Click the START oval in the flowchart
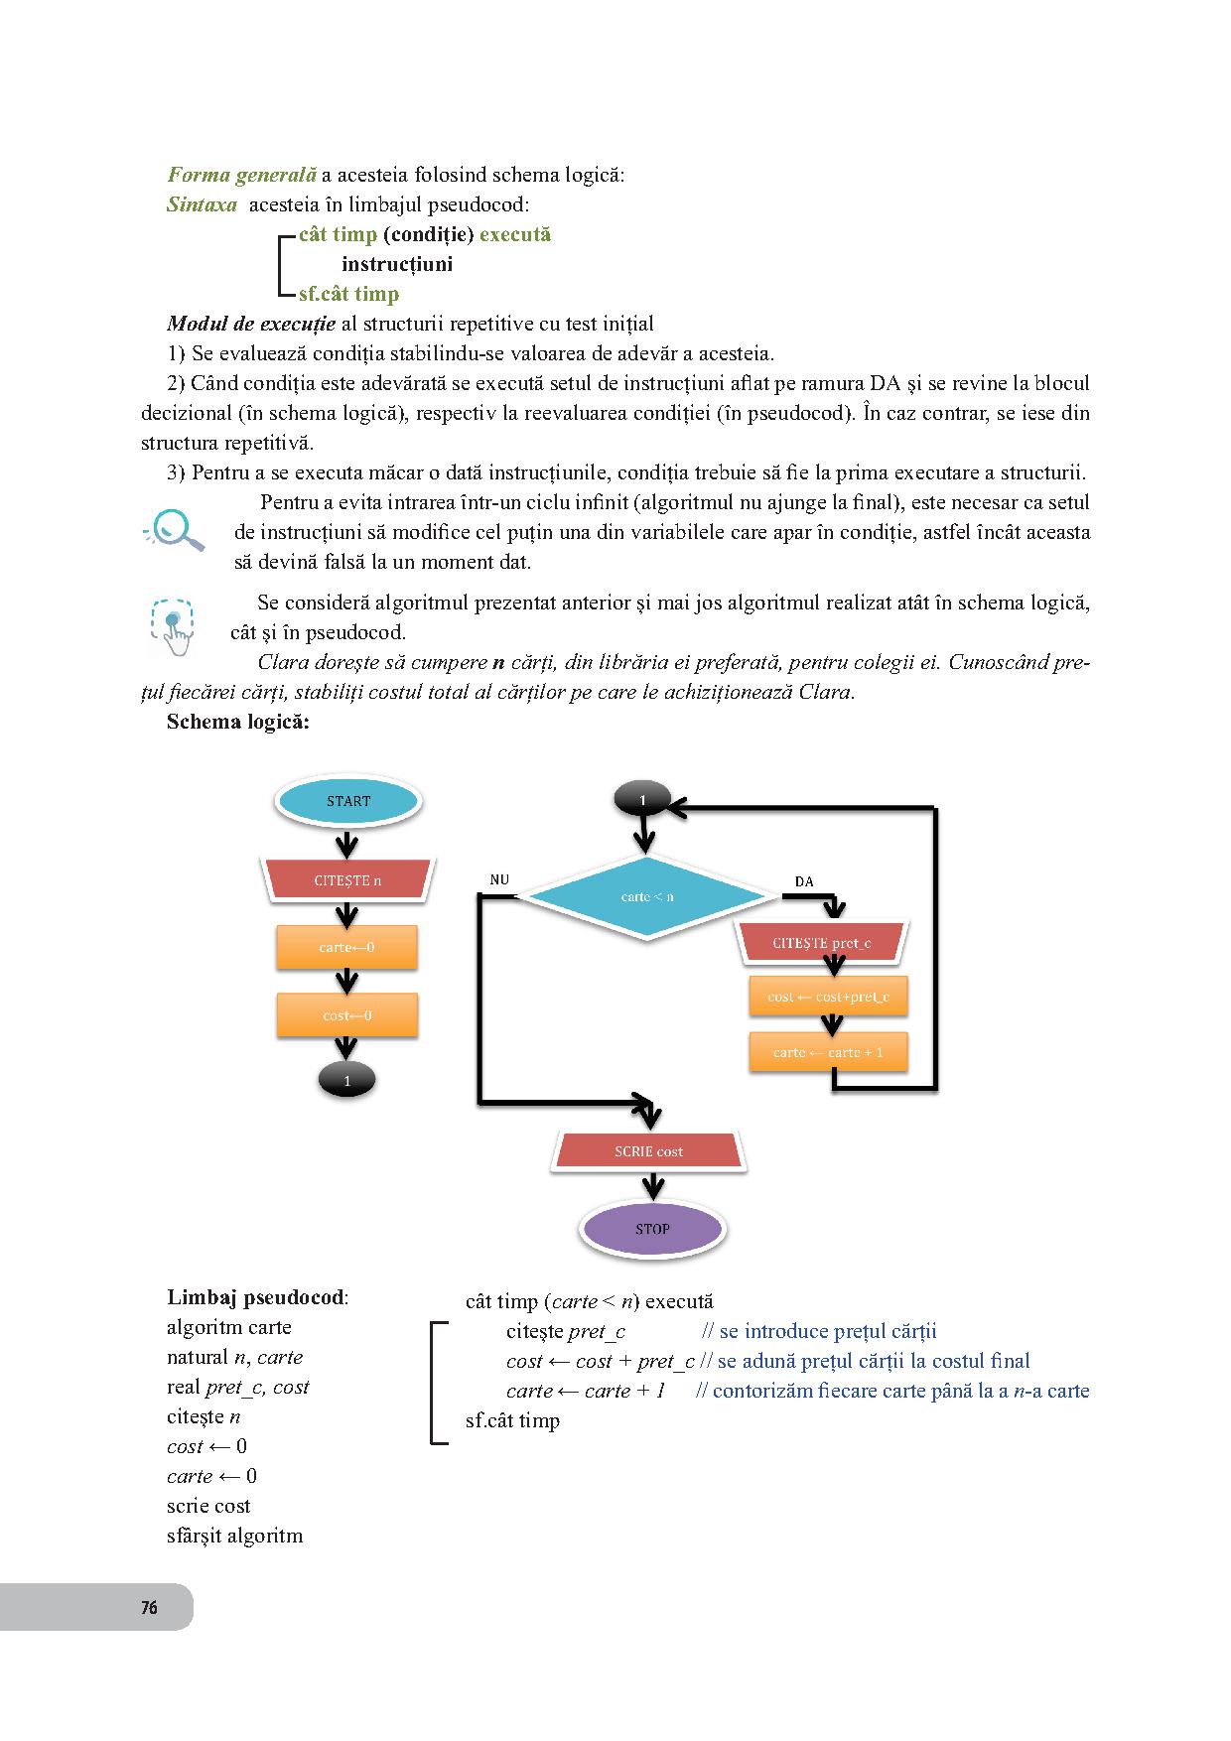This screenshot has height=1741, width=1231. click(347, 801)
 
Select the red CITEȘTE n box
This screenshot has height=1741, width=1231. click(347, 880)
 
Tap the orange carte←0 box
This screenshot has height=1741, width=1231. click(346, 947)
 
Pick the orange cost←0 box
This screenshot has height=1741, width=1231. click(346, 1015)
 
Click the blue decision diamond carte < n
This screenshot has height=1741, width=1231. click(648, 896)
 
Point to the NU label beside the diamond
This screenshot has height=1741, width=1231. click(499, 879)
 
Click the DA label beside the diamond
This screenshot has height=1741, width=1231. click(804, 881)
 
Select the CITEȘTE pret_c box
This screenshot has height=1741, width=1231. click(822, 943)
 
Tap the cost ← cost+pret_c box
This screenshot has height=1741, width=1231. click(828, 997)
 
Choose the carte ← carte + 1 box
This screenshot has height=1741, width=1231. click(828, 1052)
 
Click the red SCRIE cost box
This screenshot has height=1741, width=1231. click(649, 1151)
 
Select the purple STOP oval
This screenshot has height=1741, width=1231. click(652, 1229)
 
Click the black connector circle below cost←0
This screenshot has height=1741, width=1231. click(346, 1081)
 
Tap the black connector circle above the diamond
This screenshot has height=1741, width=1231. click(642, 799)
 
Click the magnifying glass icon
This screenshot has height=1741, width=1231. click(176, 529)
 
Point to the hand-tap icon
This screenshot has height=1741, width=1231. click(174, 627)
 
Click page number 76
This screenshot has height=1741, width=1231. click(149, 1607)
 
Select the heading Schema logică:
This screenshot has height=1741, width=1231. click(238, 722)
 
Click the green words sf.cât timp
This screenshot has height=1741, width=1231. click(348, 294)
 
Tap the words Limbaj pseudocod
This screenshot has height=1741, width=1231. click(256, 1297)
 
